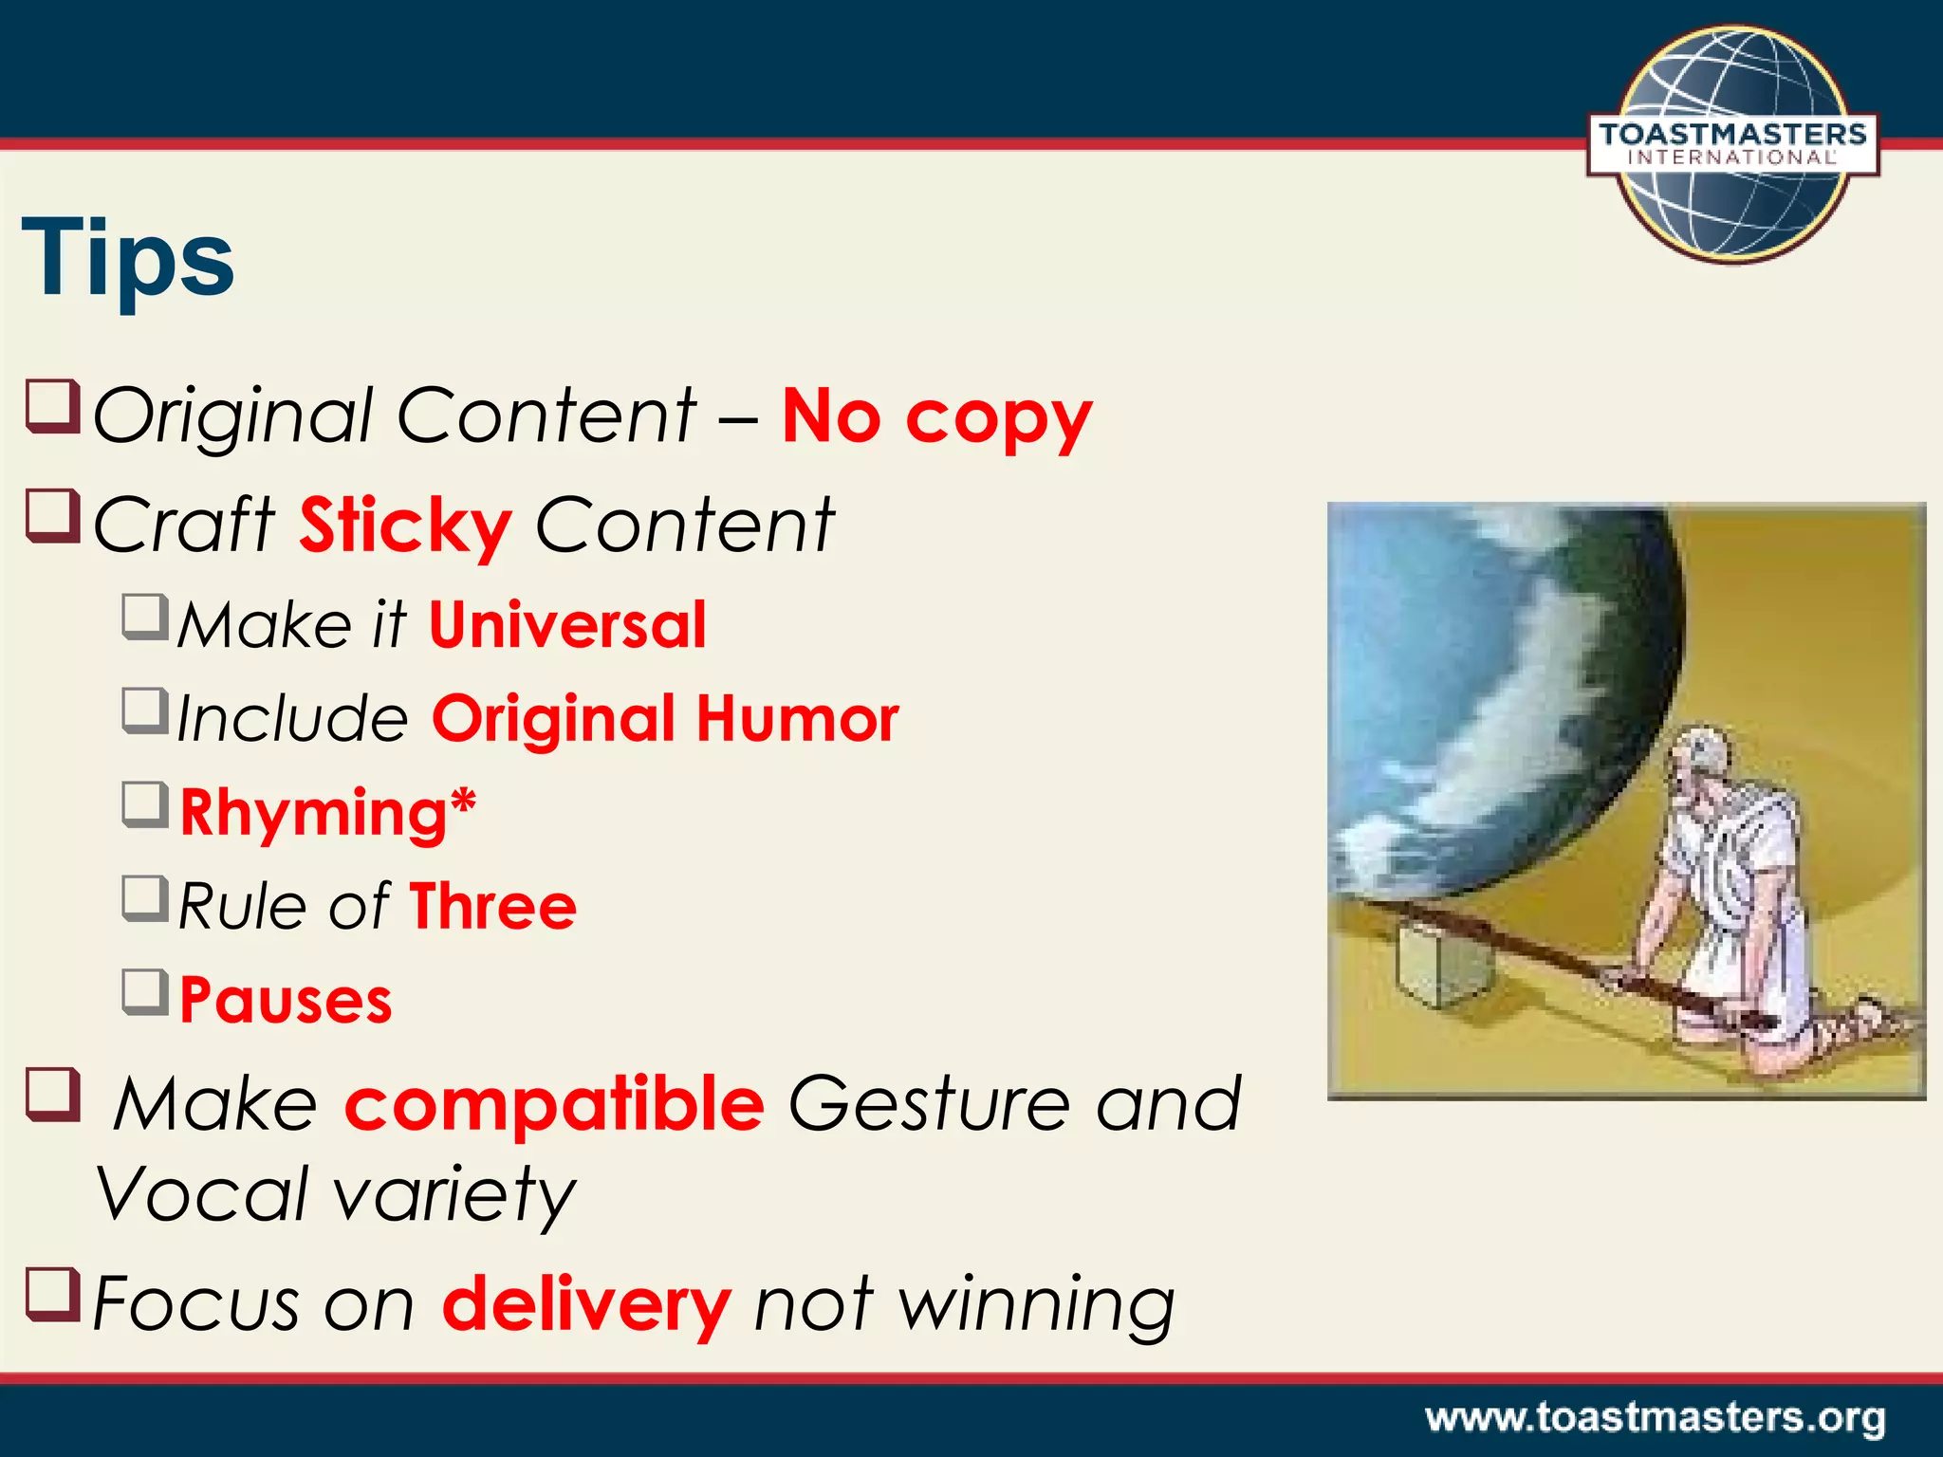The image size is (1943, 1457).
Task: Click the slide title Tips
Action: tap(128, 258)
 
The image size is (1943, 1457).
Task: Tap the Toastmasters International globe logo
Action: tap(1732, 144)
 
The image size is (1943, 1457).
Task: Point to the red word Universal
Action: tap(567, 625)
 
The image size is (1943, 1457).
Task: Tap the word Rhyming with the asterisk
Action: tap(327, 813)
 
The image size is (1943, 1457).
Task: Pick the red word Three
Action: tap(492, 907)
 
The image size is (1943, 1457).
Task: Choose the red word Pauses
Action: tap(286, 1001)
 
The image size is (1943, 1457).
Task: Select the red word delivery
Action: tap(586, 1305)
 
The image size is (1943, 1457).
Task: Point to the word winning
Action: tap(1036, 1305)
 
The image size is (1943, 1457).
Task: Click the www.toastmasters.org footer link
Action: tap(1655, 1418)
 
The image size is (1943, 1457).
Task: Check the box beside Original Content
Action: tap(52, 406)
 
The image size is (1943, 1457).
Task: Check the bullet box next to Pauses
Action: tap(145, 991)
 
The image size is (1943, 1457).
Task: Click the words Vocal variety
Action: tap(336, 1194)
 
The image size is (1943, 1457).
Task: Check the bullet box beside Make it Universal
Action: tap(145, 617)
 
